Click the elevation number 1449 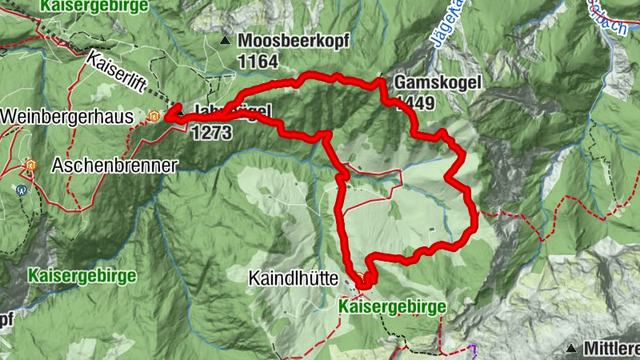(x=414, y=102)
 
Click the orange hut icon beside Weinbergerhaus (x=154, y=117)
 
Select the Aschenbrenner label (x=114, y=166)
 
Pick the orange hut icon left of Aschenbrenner (x=30, y=166)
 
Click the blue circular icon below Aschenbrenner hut (x=21, y=190)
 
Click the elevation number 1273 (x=212, y=130)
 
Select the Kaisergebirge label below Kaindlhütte (x=391, y=306)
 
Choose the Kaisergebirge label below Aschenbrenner (x=82, y=275)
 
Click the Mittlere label (x=611, y=349)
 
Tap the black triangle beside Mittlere (x=572, y=349)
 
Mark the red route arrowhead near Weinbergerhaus (x=170, y=117)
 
